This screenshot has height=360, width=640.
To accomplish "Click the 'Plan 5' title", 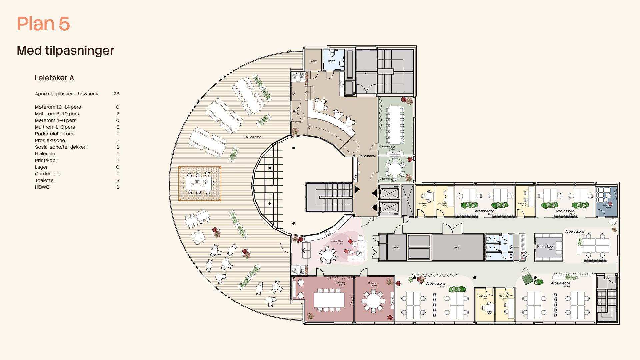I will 43,24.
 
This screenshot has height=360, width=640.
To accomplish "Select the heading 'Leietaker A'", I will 54,78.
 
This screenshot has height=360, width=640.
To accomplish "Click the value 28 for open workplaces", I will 116,94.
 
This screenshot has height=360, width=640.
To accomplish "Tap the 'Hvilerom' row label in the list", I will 45,154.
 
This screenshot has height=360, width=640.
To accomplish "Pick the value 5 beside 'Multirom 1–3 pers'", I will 118,127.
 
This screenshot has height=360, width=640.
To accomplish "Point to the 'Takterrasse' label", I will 253,137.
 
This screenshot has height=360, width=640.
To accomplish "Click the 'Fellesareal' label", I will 367,156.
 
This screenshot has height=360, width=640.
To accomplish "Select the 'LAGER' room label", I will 313,61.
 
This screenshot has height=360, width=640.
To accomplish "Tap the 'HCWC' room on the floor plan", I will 332,61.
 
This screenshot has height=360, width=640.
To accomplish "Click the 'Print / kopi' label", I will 545,246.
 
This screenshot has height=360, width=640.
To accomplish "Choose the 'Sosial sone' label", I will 337,241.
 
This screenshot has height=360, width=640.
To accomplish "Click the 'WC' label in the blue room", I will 505,244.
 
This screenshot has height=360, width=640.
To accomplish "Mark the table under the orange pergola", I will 199,183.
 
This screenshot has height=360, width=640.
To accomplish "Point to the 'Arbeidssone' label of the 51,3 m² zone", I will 436,284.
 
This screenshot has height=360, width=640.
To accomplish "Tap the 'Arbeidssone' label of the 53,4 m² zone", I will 560,283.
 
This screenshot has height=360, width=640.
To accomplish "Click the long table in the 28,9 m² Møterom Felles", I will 395,121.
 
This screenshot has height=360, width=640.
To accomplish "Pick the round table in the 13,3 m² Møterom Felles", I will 395,169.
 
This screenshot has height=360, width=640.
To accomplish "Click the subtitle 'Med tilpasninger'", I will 65,51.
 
